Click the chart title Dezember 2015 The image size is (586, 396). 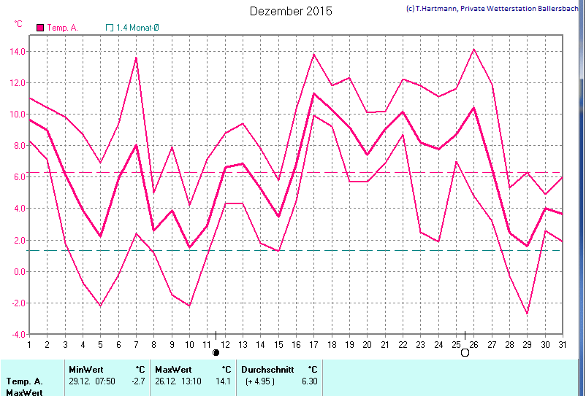coord(291,11)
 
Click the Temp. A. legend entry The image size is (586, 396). coord(62,28)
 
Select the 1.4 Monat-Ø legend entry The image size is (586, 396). coord(148,28)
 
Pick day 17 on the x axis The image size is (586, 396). coord(313,344)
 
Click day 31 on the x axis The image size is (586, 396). coord(561,344)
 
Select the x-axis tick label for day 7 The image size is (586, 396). coord(136,344)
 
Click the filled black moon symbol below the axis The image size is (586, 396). coord(216,352)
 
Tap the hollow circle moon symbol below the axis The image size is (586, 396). coord(465,352)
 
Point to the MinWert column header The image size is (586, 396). coord(83,369)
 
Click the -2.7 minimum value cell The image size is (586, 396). coord(138,381)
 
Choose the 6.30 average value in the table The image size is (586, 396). coord(310,381)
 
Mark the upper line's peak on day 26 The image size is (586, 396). coord(473,49)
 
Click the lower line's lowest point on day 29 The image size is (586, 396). coord(526,314)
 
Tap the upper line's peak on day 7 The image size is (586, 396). coord(136,58)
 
